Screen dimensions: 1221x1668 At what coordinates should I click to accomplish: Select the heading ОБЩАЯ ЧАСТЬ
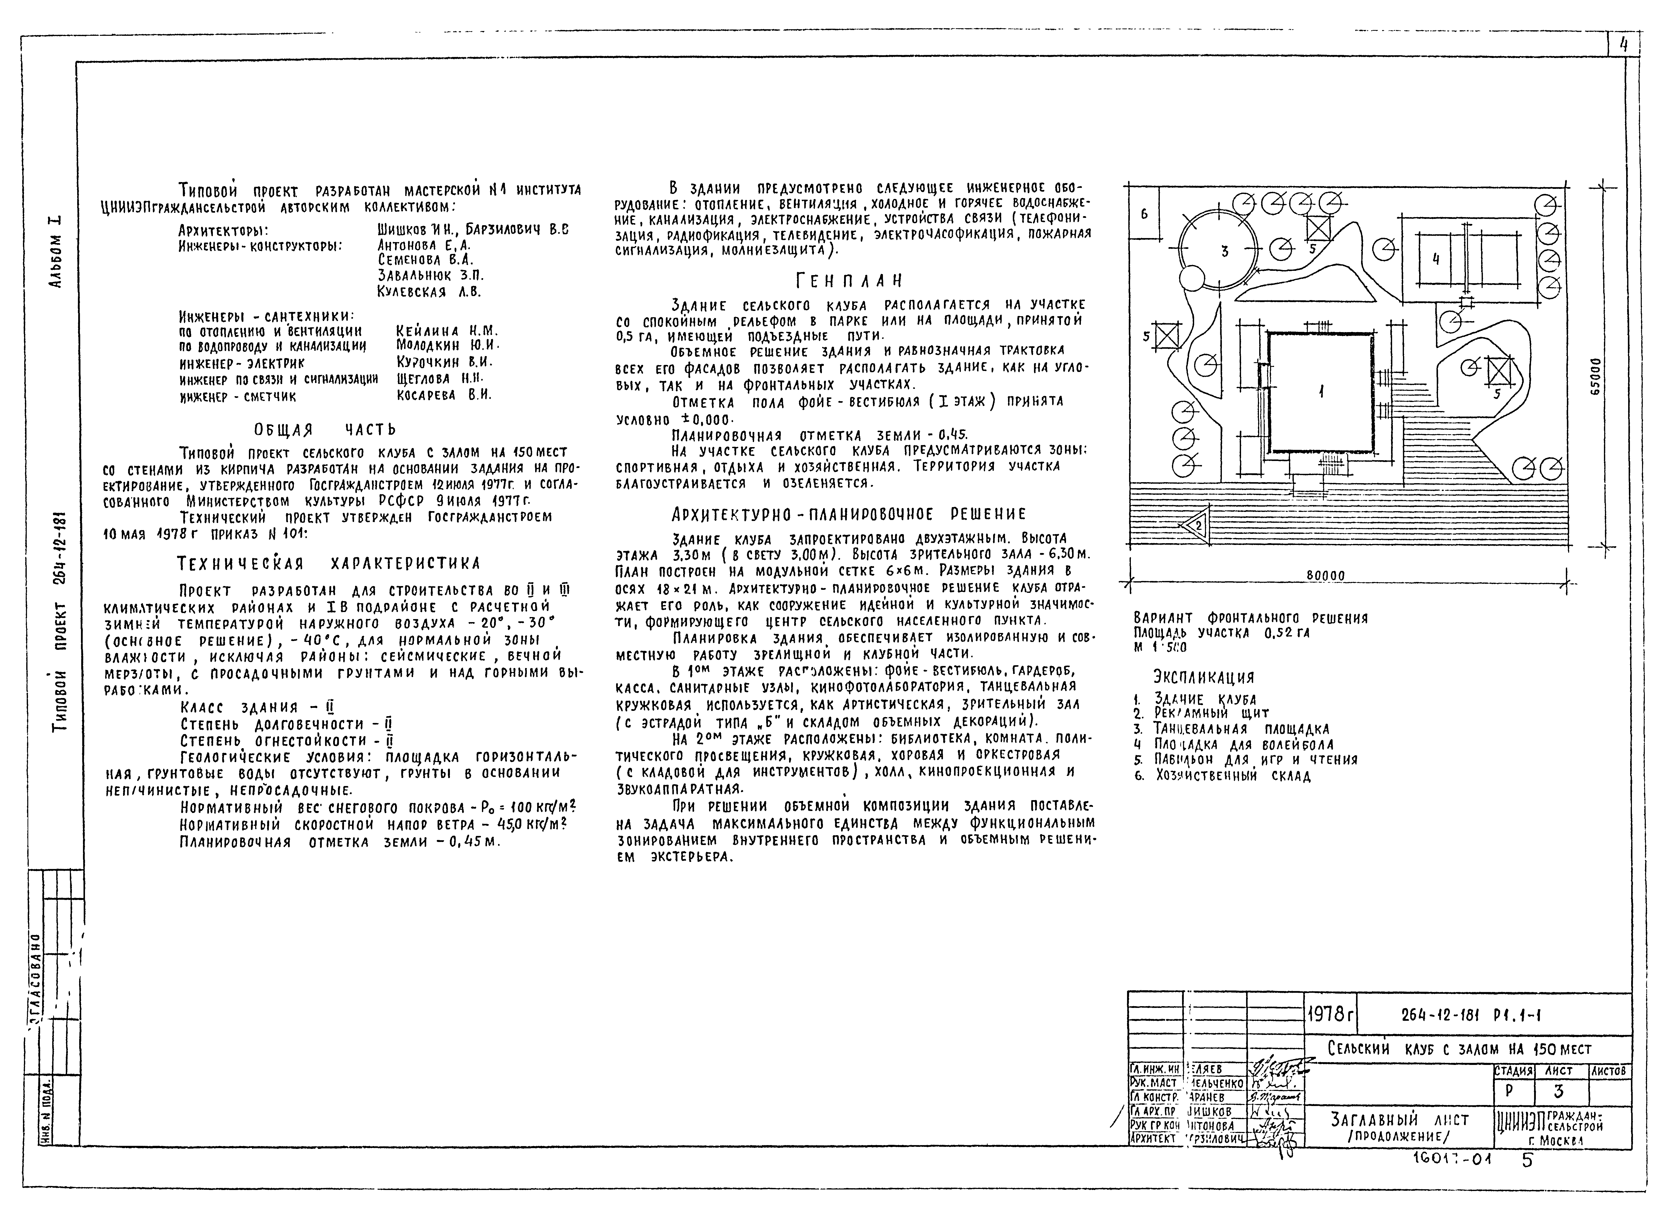coord(325,429)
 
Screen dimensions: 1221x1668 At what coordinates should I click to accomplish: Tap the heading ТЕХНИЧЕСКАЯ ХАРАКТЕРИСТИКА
coord(329,563)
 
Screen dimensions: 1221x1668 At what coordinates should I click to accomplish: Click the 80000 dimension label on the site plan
coord(1325,576)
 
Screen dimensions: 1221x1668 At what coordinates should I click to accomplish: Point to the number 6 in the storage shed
coord(1144,214)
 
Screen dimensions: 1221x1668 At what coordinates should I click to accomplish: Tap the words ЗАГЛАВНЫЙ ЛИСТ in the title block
coord(1400,1120)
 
